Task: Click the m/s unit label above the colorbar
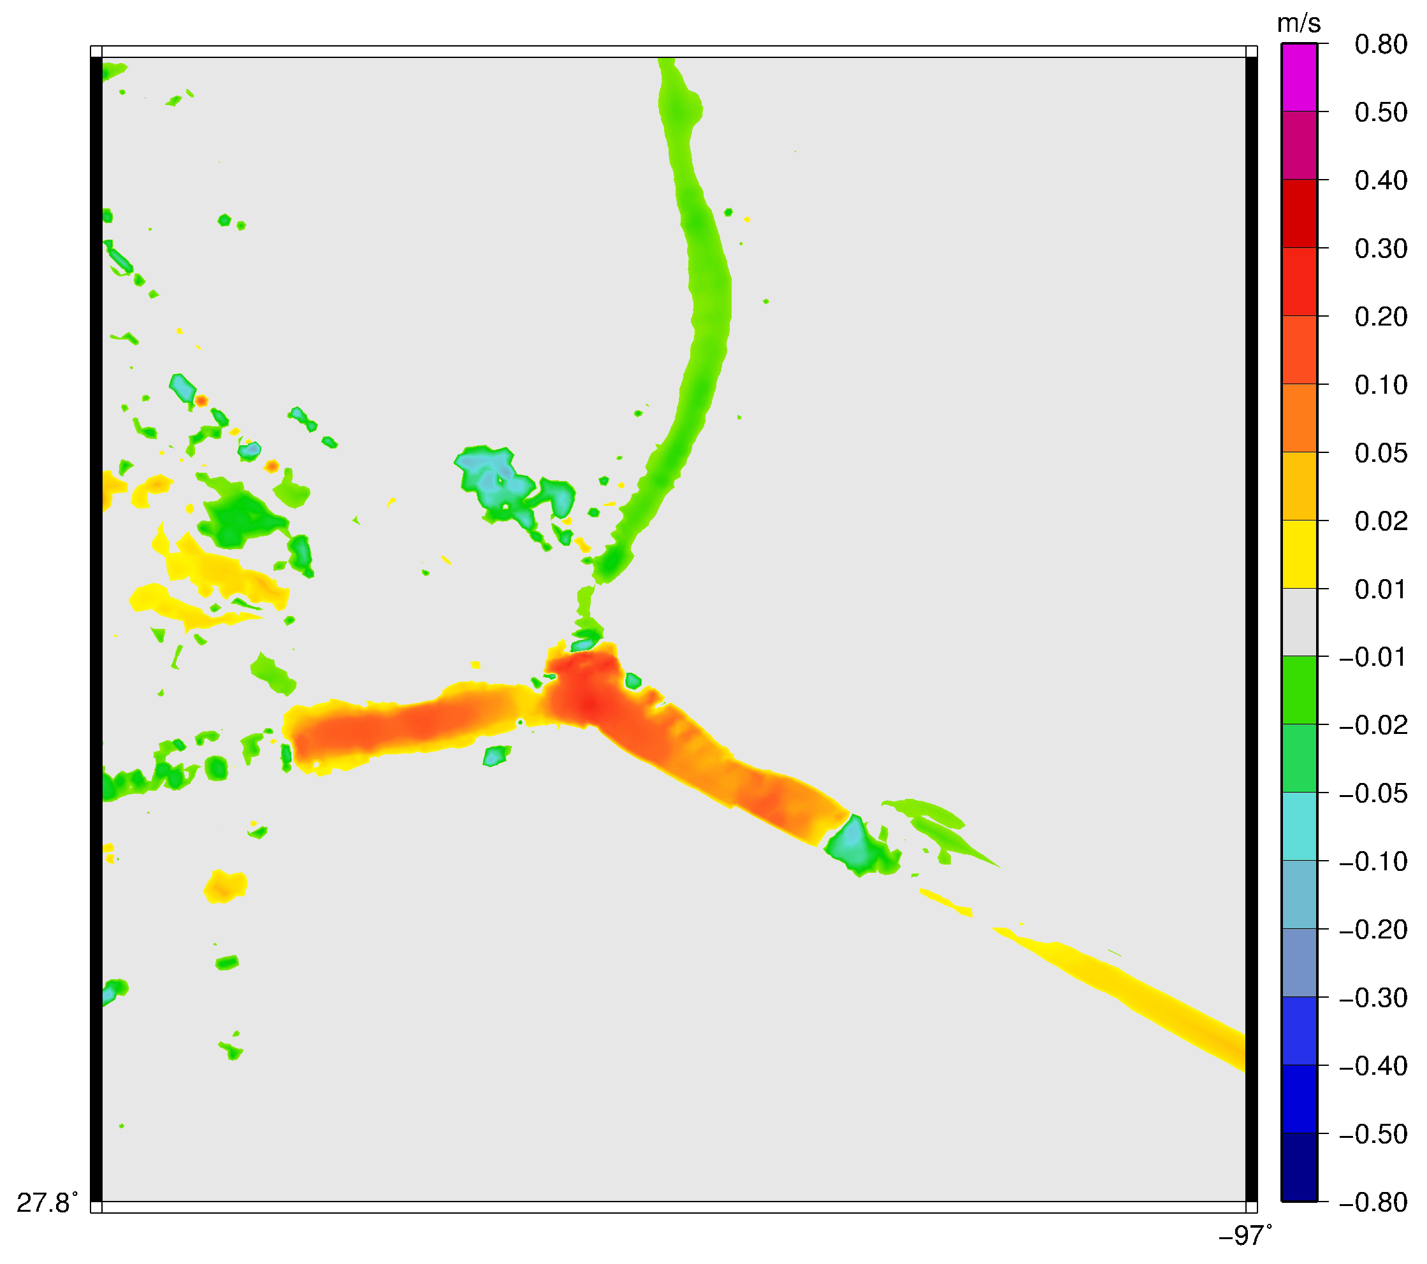tap(1298, 24)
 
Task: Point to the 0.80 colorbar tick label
tap(1380, 45)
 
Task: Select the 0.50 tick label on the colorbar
tap(1380, 112)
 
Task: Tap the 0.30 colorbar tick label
tap(1380, 248)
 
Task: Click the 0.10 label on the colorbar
tap(1380, 385)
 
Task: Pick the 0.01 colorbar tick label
tap(1380, 590)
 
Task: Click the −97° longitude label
tap(1245, 1236)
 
